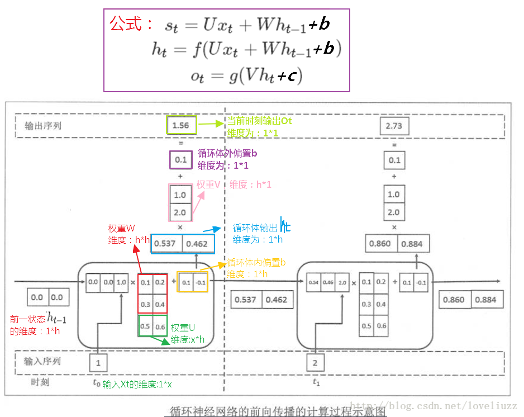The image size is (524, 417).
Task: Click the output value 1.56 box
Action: pos(181,126)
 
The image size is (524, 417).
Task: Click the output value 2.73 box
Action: pos(394,126)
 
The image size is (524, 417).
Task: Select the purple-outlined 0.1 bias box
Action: pos(180,160)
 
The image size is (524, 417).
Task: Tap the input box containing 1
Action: pos(98,363)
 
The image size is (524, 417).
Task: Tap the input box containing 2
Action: pos(315,363)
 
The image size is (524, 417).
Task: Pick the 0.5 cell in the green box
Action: pos(145,326)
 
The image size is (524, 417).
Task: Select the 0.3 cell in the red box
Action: pos(145,304)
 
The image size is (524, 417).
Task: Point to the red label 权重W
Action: pos(122,229)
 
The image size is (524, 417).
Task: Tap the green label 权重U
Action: pos(184,328)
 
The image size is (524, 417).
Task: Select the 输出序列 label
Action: pos(43,126)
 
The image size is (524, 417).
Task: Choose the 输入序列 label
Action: pos(42,361)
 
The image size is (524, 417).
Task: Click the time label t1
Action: pos(316,383)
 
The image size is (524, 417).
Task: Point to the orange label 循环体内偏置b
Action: pos(256,263)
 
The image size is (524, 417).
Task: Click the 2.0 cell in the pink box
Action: pos(180,212)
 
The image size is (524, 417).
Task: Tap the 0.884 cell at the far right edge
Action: pos(485,300)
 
